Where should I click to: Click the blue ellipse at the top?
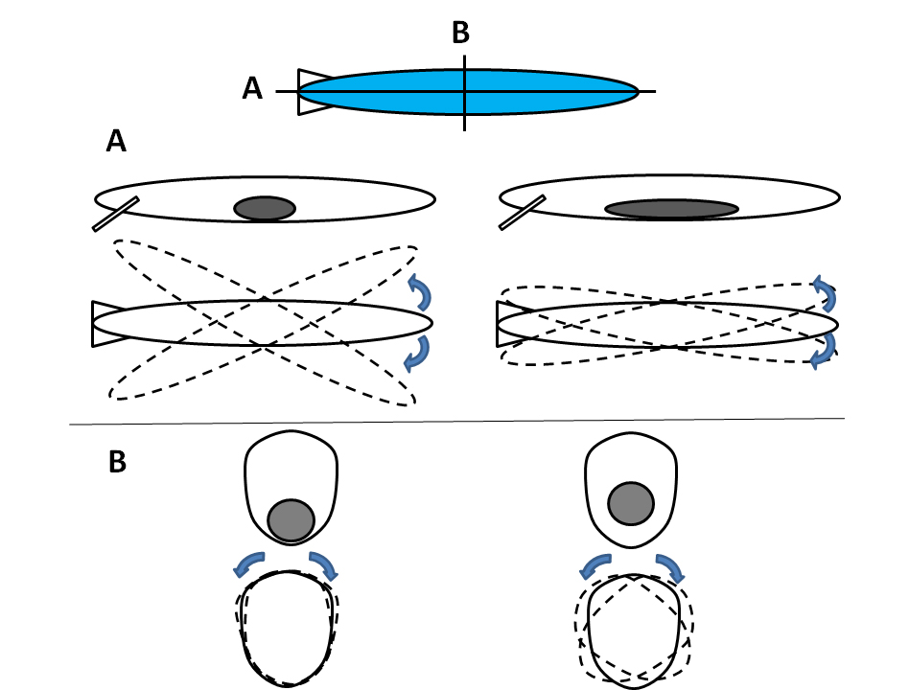point(537,92)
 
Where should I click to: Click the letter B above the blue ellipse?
point(460,34)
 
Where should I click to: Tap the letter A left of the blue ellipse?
point(252,89)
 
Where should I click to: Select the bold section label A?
point(116,143)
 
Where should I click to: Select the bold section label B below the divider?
point(116,461)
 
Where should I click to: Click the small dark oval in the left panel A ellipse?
point(265,208)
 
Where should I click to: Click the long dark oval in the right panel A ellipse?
point(671,209)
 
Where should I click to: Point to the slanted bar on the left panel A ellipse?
point(116,214)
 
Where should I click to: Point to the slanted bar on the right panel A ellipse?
point(523,213)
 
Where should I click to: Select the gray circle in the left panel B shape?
point(291,519)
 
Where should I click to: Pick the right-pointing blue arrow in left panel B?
point(322,564)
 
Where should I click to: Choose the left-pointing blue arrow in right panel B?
point(595,566)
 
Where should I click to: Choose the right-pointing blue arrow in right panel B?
point(670,567)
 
